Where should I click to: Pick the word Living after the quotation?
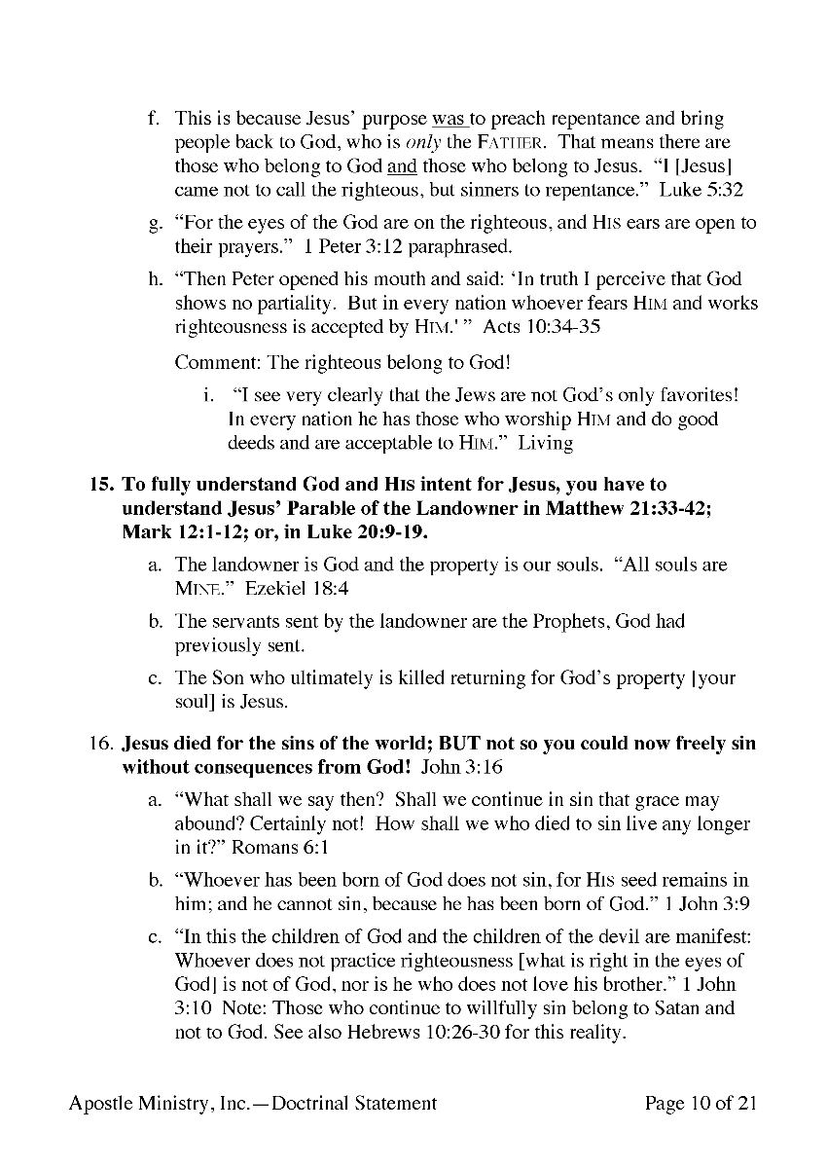(x=545, y=443)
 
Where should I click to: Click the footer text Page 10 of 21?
(x=701, y=1103)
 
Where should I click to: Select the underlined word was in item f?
(x=448, y=119)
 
